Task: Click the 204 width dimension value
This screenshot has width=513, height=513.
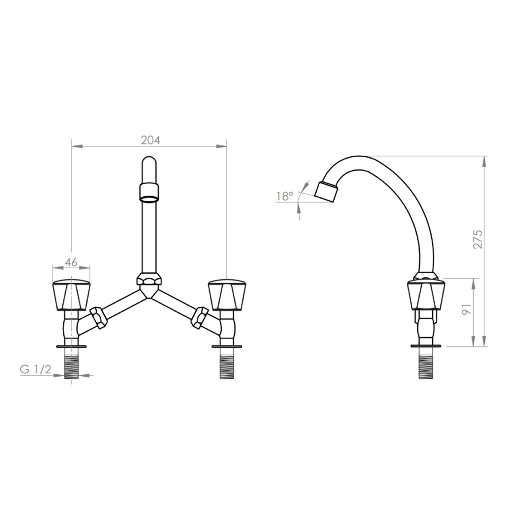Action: tap(150, 140)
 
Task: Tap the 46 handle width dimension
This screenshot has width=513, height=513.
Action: tap(71, 262)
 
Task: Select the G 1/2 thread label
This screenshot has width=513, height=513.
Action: tap(35, 370)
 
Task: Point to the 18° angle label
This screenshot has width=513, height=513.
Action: tap(285, 197)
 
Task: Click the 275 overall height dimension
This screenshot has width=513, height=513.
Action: tap(478, 239)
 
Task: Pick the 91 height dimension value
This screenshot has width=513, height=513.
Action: tap(466, 309)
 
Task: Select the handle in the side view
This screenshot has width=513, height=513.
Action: tap(426, 295)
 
